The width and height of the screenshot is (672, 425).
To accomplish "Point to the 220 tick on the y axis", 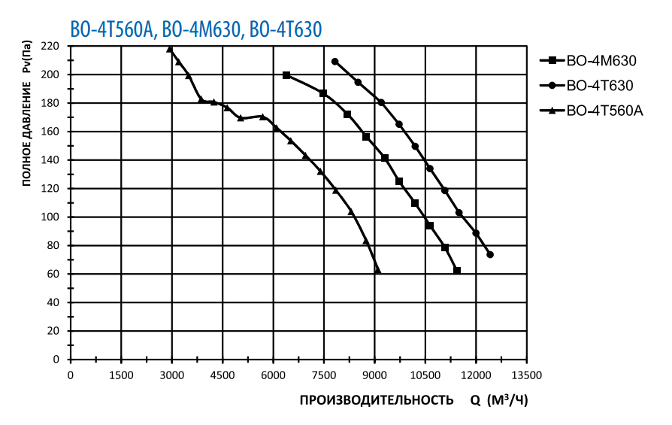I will point(50,47).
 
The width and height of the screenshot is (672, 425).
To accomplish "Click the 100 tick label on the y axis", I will point(50,217).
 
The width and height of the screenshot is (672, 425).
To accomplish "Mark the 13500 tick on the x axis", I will point(526,375).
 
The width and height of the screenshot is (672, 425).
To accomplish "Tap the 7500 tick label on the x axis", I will point(323,375).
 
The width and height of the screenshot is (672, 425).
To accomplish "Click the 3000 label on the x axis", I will point(171,375).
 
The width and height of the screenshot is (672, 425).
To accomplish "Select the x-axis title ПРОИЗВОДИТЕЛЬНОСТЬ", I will point(377,399).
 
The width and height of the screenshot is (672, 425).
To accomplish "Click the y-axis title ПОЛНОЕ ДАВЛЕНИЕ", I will point(26,113).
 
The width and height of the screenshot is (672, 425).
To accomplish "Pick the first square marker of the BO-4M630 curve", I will point(286,75).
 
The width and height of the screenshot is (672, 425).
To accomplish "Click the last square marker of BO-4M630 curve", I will point(457,271).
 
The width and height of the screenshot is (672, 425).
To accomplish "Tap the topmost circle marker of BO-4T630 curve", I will point(334,62).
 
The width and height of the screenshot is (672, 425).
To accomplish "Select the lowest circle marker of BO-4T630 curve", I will point(490,255).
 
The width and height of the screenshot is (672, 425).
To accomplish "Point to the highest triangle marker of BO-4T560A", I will point(170,50).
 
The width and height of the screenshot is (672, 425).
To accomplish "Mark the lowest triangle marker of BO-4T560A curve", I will point(377,270).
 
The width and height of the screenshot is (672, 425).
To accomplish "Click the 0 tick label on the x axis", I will point(71,375).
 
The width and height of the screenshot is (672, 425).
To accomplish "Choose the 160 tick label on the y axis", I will point(50,132).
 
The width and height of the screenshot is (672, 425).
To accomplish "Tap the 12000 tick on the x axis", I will point(475,375).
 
